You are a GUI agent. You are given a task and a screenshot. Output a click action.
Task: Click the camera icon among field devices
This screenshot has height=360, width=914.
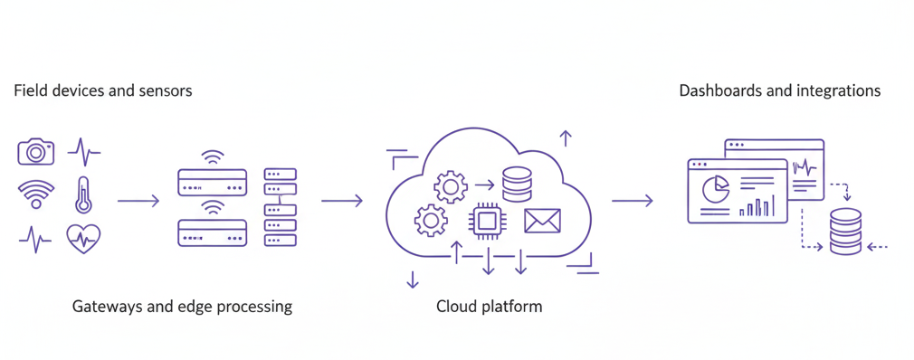pos(36,152)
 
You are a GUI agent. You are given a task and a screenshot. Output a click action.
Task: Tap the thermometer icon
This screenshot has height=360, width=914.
pos(83,194)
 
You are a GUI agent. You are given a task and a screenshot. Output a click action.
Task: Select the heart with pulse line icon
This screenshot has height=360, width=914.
pos(83,239)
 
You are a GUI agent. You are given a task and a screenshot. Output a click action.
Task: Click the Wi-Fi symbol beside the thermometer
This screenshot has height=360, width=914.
pos(36,194)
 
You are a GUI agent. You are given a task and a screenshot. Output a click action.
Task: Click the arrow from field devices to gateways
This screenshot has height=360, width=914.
pos(138,201)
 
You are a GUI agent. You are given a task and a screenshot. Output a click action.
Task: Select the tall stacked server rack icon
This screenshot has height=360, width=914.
pos(280,207)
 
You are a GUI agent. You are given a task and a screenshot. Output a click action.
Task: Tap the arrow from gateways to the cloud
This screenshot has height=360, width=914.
pos(341,201)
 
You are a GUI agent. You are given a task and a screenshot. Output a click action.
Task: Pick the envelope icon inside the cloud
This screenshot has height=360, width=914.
pos(542,220)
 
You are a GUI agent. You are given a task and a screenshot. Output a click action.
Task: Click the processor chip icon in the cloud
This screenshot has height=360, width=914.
pos(488,220)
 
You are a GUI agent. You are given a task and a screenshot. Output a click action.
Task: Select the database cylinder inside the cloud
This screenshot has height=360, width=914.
pos(517,184)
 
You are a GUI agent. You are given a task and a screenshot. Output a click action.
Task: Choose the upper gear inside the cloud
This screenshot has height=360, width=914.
pos(450,185)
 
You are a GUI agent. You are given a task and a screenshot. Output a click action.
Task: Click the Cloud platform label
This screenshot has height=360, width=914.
pos(489,307)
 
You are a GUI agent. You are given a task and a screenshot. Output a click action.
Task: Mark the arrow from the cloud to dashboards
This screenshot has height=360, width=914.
pos(632,201)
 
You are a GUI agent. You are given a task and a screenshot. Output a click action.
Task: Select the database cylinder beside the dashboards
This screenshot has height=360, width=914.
pos(845,232)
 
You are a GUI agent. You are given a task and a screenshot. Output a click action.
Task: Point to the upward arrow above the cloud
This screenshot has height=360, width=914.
pos(566,138)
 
